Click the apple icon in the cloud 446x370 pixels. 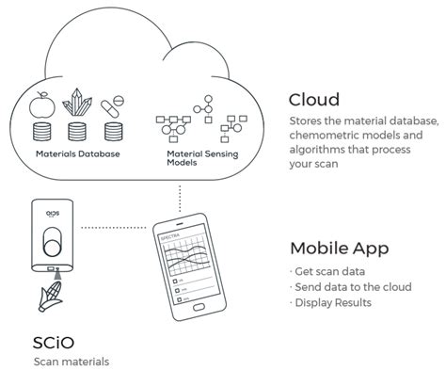[41, 103]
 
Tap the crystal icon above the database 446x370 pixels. [78, 102]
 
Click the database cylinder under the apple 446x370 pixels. [41, 129]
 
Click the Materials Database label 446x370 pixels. [77, 153]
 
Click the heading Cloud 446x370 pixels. [313, 100]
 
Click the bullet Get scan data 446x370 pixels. [327, 272]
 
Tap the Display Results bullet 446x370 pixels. [335, 302]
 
